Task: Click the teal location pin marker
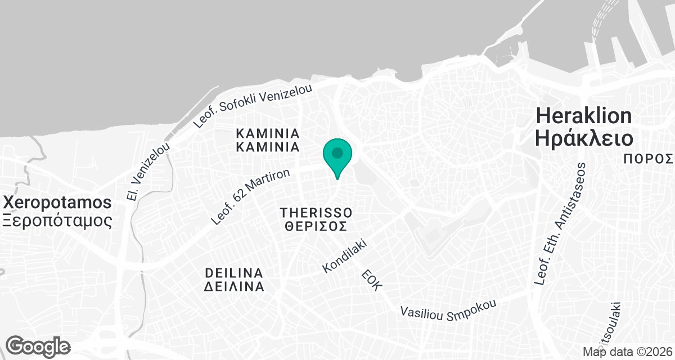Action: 337,155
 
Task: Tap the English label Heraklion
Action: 584,116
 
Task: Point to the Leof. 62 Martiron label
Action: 250,197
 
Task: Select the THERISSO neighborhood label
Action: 316,213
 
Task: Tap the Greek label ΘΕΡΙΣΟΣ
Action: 316,227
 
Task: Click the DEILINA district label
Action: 234,272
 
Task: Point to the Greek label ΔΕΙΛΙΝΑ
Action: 234,286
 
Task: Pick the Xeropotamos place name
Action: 56,202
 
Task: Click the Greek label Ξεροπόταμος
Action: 56,220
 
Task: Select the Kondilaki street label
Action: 345,256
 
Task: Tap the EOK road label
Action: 371,279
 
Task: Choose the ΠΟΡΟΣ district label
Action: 649,159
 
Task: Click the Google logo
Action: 38,345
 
